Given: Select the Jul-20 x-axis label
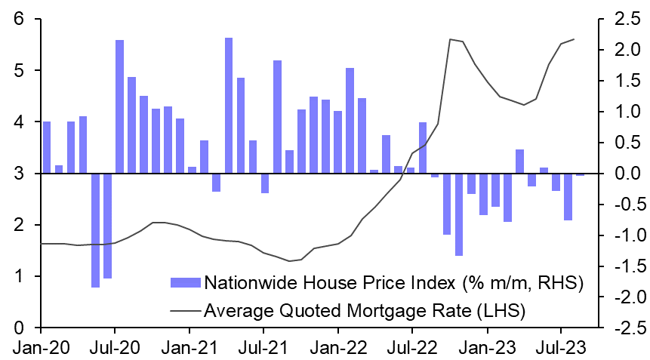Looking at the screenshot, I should [115, 348].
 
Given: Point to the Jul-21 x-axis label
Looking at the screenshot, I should [263, 348].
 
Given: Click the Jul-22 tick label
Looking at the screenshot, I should [412, 348].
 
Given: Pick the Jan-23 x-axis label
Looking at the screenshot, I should [487, 348].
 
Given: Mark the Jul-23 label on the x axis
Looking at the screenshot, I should [561, 348].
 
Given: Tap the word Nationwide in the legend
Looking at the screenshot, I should [245, 283].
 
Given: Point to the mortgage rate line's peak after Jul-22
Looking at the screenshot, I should [450, 39].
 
